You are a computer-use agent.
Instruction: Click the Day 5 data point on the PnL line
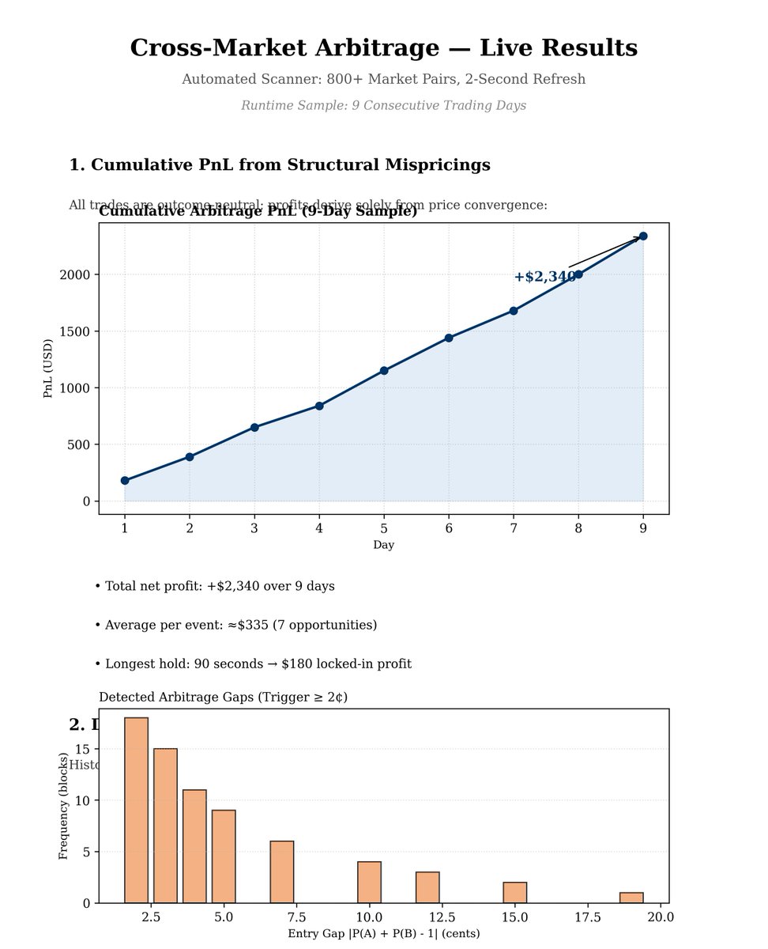[x=384, y=370]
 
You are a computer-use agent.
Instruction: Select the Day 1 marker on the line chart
[x=125, y=480]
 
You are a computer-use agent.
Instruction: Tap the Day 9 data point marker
[x=643, y=236]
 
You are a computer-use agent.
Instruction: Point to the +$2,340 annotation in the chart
[x=545, y=277]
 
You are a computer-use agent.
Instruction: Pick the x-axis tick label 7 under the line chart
[x=514, y=527]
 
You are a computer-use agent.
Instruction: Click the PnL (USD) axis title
[x=48, y=369]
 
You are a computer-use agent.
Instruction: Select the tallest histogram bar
[x=136, y=810]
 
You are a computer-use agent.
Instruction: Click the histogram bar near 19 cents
[x=631, y=898]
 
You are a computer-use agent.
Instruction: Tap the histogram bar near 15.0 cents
[x=515, y=892]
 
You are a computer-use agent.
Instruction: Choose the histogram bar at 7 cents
[x=282, y=871]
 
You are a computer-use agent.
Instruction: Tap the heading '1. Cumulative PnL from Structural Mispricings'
[x=280, y=164]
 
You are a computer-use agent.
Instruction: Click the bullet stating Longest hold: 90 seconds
[x=253, y=664]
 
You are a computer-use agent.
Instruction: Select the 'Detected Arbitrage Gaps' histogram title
[x=223, y=697]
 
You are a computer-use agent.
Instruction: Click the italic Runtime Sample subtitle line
[x=383, y=105]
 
